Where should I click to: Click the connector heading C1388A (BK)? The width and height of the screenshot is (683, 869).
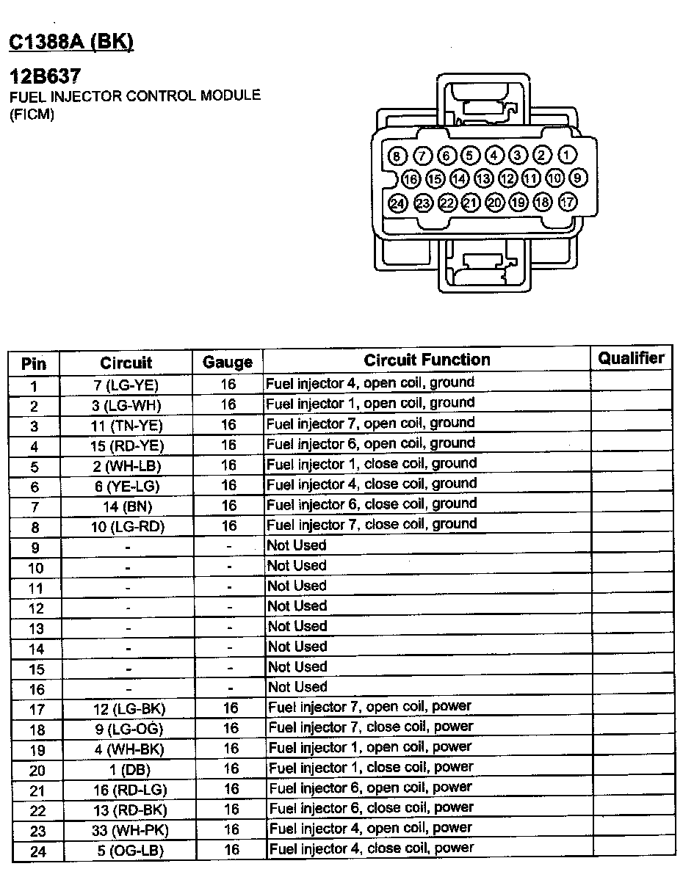point(71,43)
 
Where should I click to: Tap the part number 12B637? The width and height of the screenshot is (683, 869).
point(45,76)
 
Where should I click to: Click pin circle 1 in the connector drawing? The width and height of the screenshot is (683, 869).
point(567,155)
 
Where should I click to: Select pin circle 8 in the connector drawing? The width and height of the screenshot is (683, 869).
point(397,156)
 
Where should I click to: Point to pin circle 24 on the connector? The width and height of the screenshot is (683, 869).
point(397,203)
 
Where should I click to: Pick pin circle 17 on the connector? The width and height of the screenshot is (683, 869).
point(567,203)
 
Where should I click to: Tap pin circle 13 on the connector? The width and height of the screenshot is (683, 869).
point(483,178)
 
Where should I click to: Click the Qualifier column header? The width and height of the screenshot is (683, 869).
point(631,358)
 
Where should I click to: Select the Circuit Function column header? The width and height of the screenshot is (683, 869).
point(427,360)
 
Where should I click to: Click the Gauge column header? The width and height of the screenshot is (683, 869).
point(228,362)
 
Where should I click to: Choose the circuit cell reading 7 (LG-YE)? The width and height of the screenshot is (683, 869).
point(126,385)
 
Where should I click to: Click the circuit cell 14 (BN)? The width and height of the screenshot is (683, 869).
point(126,506)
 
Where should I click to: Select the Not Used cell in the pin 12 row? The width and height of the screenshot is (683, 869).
point(297,606)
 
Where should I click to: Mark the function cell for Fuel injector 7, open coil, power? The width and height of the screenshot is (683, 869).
point(369,706)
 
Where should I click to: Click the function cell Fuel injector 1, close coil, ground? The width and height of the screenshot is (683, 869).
point(371,464)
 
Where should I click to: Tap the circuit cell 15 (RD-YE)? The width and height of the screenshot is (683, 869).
point(126,446)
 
